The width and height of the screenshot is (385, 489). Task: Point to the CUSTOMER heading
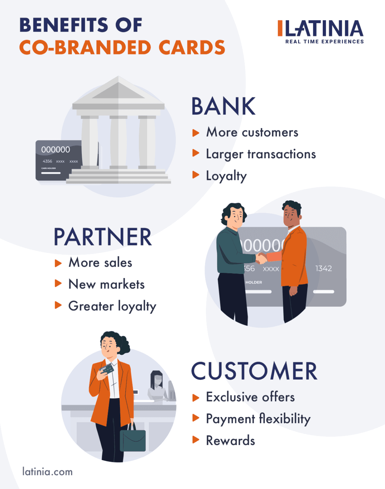click(254, 371)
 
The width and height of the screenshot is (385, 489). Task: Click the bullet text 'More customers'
click(252, 132)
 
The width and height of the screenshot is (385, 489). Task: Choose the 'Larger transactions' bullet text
click(261, 155)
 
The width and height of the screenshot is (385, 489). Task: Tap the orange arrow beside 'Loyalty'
click(196, 175)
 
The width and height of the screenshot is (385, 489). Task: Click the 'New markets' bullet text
click(107, 285)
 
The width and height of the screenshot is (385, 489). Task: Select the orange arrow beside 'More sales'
click(58, 263)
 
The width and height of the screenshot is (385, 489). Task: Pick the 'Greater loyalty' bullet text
click(112, 306)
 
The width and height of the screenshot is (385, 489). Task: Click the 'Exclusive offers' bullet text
click(250, 397)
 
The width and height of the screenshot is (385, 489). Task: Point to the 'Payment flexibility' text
click(258, 419)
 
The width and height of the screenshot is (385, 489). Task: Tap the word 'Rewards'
click(230, 441)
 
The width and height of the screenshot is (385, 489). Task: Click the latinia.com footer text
click(47, 472)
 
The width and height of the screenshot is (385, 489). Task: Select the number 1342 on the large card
click(323, 268)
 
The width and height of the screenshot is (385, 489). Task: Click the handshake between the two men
click(262, 258)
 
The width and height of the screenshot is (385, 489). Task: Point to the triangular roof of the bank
click(118, 90)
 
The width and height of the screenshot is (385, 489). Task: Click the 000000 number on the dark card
click(55, 150)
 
